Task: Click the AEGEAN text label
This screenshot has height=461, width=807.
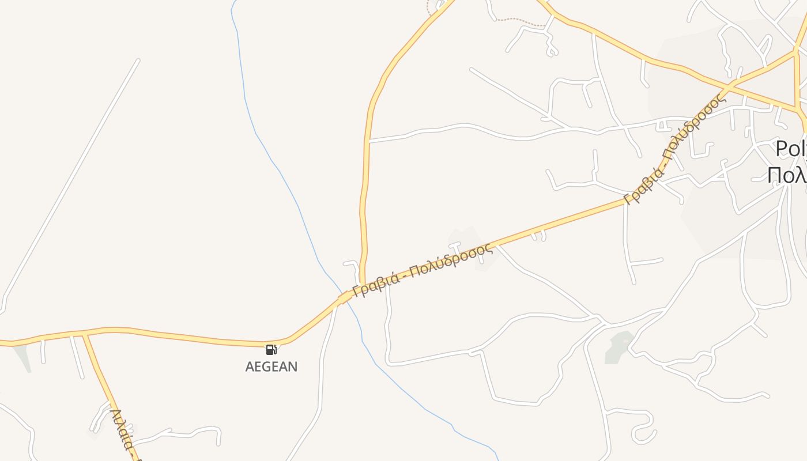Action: (x=271, y=366)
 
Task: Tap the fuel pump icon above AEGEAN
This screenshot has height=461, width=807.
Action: (x=271, y=349)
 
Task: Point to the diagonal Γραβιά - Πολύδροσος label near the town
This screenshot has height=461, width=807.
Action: (x=674, y=149)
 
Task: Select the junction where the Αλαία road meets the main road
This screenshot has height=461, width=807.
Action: (x=85, y=333)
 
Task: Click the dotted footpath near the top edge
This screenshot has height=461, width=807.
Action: (x=519, y=21)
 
